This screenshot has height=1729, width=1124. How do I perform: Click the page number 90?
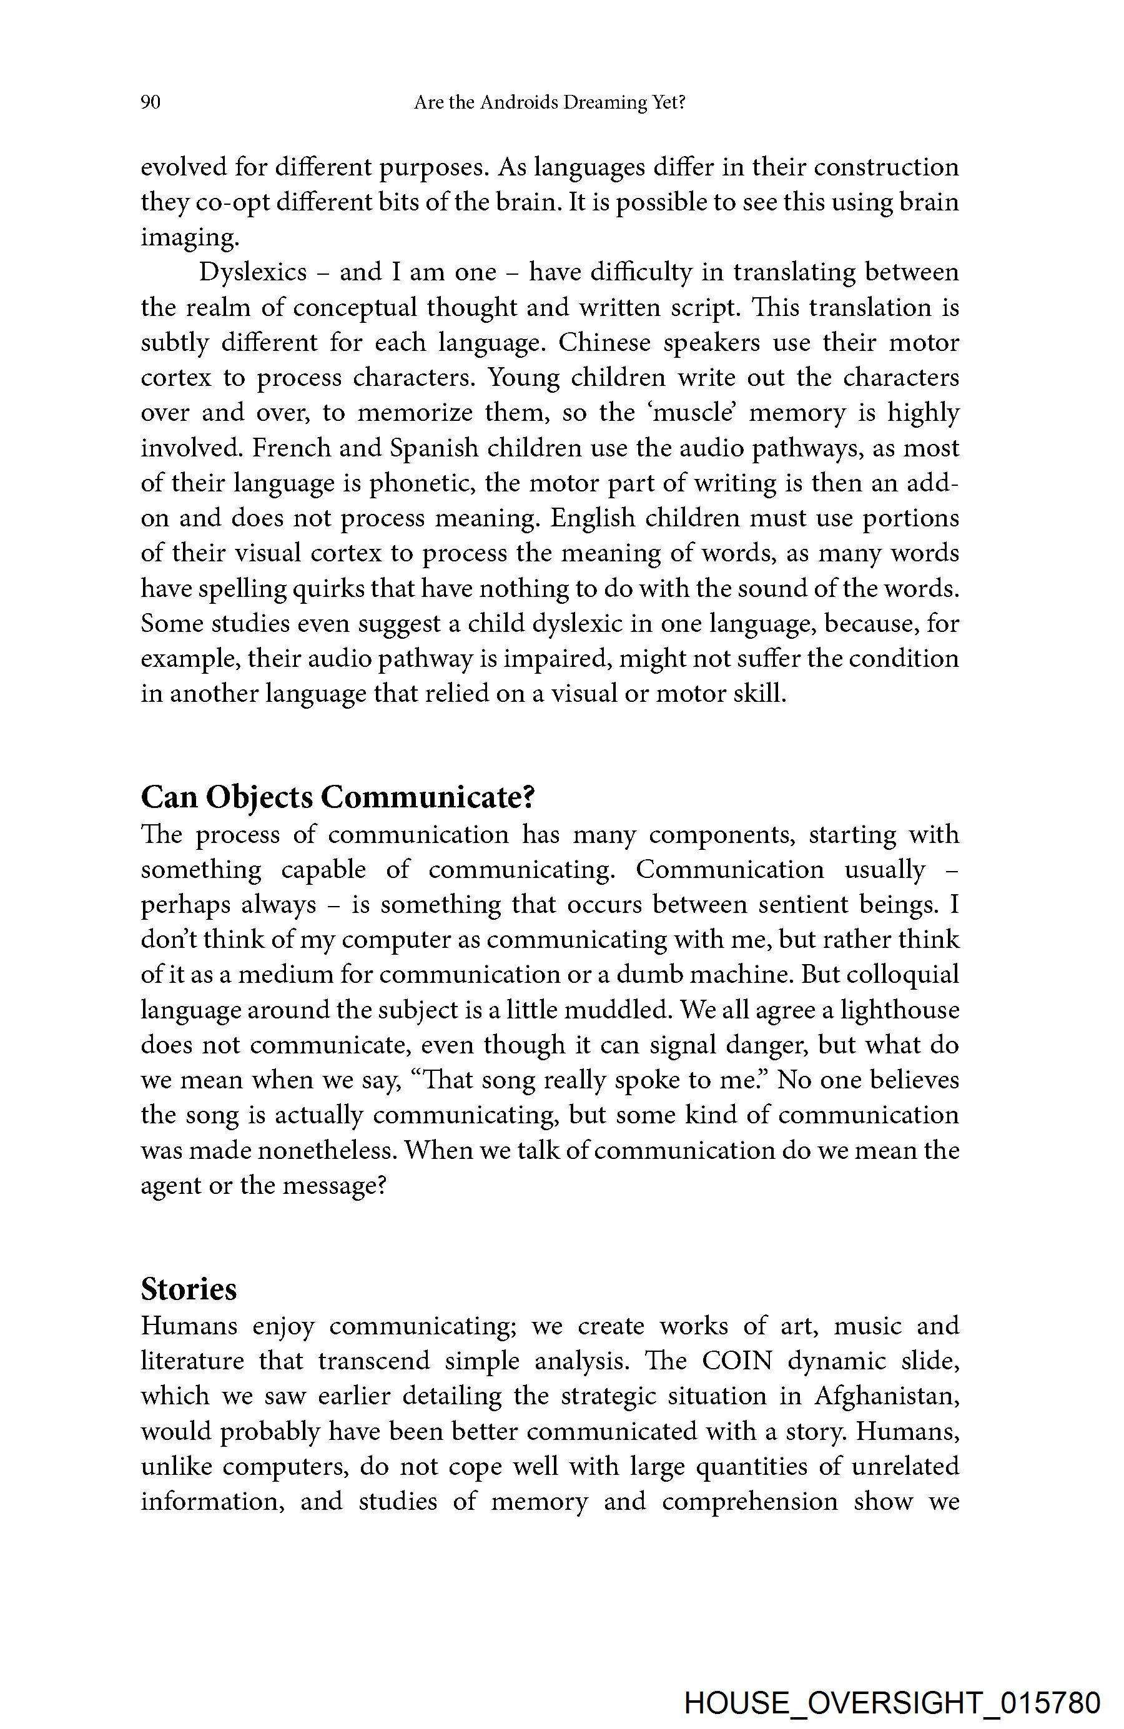150,103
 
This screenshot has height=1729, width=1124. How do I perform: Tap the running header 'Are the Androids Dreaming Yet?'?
550,103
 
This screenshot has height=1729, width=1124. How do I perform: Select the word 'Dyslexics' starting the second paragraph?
253,272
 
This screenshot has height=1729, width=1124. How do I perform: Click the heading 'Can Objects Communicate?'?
338,797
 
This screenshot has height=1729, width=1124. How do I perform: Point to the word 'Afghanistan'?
887,1396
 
